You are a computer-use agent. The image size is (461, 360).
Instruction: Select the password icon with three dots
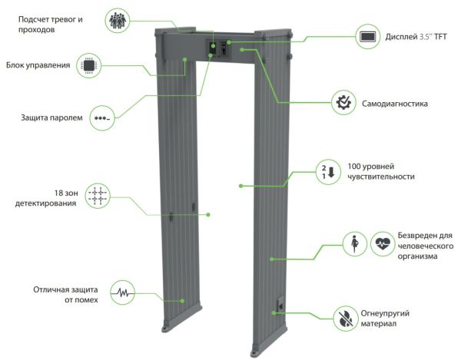(101, 118)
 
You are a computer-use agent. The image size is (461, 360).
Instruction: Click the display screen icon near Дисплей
(368, 36)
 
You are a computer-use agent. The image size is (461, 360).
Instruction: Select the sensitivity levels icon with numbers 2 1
(328, 171)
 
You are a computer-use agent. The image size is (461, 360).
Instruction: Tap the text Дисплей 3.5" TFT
(415, 36)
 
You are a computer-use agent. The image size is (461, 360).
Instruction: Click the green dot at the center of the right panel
(240, 185)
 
